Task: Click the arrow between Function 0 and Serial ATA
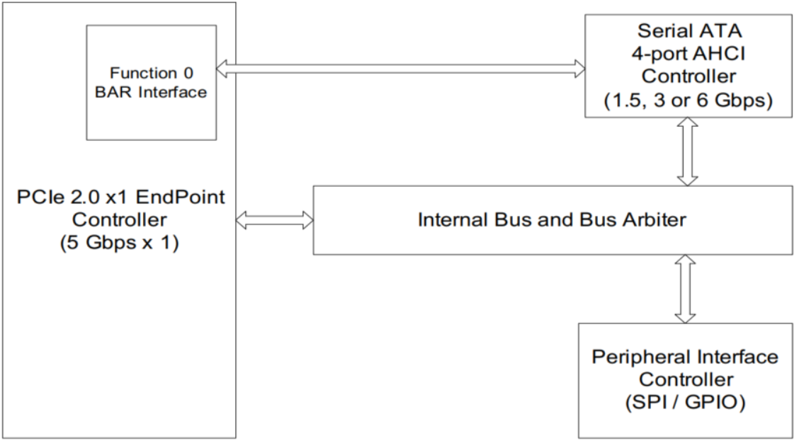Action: click(x=400, y=69)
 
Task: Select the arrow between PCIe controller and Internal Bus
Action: click(x=275, y=221)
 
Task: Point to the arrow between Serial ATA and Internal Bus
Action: click(x=687, y=151)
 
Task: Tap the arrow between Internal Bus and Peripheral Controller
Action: click(x=685, y=289)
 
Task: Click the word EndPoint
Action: click(x=181, y=197)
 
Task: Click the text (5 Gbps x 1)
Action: click(x=119, y=243)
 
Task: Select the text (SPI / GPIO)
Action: click(x=686, y=402)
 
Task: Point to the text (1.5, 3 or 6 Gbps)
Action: click(x=688, y=100)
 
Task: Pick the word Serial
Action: click(x=662, y=30)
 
